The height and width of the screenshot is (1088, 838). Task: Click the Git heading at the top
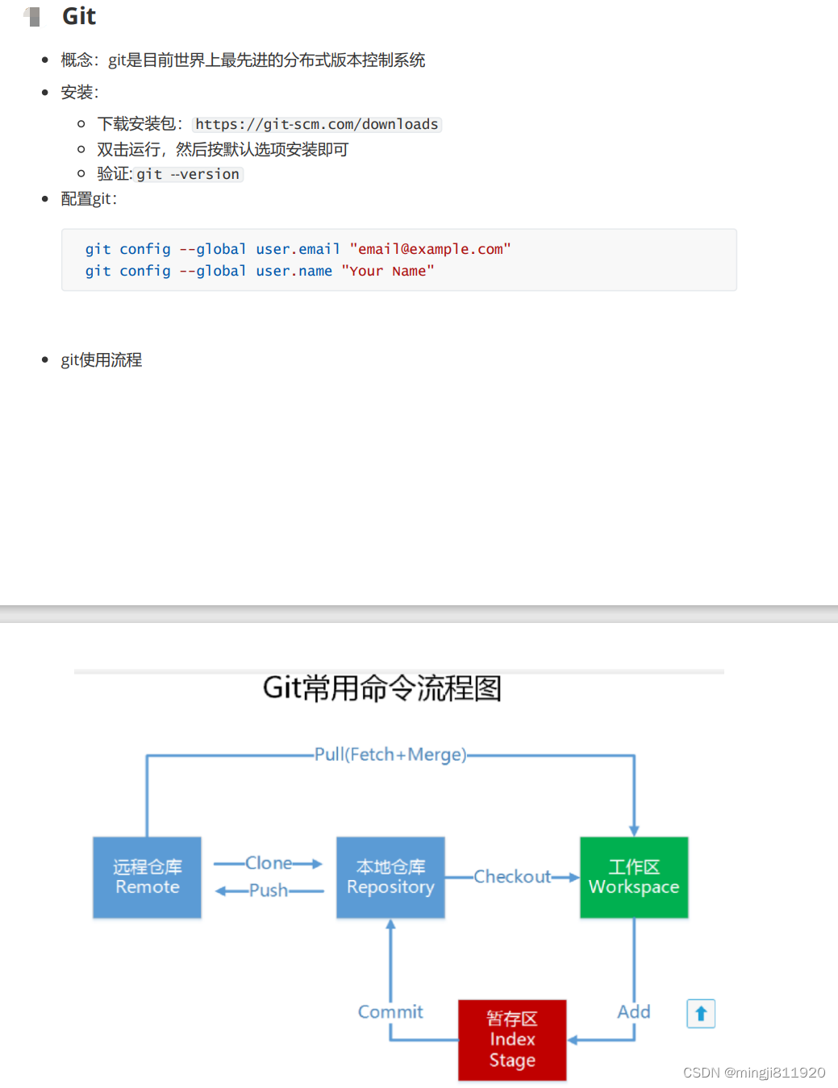click(x=78, y=16)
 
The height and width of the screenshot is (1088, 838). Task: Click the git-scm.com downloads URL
click(x=317, y=124)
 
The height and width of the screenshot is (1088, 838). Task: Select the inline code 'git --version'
click(x=188, y=174)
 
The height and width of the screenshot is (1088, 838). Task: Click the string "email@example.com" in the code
click(x=430, y=249)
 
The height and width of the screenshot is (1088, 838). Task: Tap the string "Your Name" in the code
click(x=387, y=271)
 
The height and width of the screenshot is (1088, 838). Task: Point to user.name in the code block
click(x=294, y=271)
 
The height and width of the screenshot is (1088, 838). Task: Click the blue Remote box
click(x=147, y=877)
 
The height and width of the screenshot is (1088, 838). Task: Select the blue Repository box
click(x=390, y=877)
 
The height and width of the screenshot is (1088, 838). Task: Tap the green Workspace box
click(x=634, y=877)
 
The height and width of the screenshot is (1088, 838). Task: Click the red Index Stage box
click(x=512, y=1040)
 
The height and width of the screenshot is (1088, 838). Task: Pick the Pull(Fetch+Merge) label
click(x=390, y=754)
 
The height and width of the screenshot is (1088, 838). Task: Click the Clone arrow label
click(x=269, y=863)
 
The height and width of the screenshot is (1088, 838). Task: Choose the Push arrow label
click(x=269, y=891)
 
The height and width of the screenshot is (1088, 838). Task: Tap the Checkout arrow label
click(x=512, y=876)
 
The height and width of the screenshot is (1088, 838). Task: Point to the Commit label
click(x=390, y=1011)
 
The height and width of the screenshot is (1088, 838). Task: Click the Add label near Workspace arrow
click(x=634, y=1011)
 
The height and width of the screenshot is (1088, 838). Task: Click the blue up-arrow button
click(x=701, y=1013)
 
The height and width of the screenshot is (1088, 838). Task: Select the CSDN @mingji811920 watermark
click(x=754, y=1073)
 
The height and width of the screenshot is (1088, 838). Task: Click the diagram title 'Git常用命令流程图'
click(x=382, y=688)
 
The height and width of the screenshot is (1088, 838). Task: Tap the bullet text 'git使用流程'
click(x=102, y=360)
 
